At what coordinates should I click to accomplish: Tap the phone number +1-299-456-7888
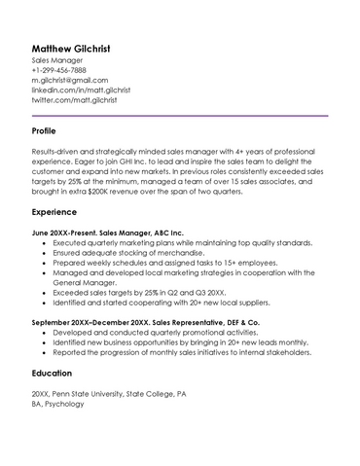pos(58,70)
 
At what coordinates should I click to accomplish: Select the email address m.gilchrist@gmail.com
pos(69,80)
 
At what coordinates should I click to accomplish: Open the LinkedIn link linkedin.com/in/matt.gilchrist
pos(80,90)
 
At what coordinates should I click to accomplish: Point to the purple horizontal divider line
pos(179,116)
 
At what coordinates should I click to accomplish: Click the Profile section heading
pos(44,130)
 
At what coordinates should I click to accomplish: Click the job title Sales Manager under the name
pos(57,60)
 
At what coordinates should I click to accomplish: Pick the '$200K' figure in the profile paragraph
pos(115,191)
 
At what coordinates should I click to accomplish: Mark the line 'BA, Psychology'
pos(57,403)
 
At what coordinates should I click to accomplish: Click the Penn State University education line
pos(107,393)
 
